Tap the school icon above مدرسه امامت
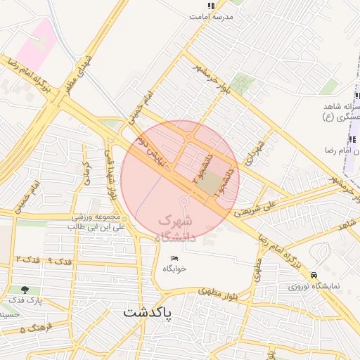tap(211, 5)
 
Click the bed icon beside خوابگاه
tap(175, 259)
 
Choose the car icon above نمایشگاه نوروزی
tap(314, 275)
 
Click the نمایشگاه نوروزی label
tap(314, 287)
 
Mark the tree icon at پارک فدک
tap(25, 290)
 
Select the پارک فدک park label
tap(26, 301)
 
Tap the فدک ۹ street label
tap(61, 262)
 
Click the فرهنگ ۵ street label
tap(33, 328)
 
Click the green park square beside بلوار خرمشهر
tap(241, 84)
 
